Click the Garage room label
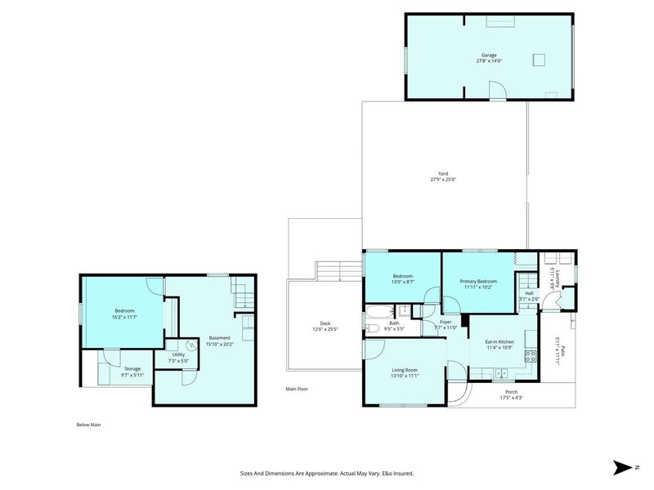point(488,55)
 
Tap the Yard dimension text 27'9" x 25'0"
point(442,179)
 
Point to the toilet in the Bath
point(372,328)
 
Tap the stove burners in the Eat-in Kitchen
point(529,355)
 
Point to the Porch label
point(512,391)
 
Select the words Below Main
point(87,425)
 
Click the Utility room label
point(178,354)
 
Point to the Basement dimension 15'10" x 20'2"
point(219,344)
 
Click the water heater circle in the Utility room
point(190,345)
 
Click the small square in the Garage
point(540,58)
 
